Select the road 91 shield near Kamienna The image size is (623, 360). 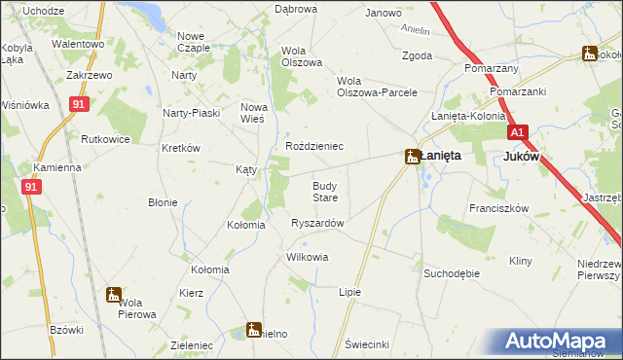pos(31,186)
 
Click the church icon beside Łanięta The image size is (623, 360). pos(413,156)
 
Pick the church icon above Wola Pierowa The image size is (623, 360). pos(113,295)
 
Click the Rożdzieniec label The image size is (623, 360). pos(313,146)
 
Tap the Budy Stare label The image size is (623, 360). pos(324,191)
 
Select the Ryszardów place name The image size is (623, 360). pos(317,223)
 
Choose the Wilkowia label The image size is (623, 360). pos(307,258)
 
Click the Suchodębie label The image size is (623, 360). pos(451,273)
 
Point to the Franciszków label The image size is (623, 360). pos(497,208)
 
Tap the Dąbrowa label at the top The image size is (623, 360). pos(296,9)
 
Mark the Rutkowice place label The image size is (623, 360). pos(106,139)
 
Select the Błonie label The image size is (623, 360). pos(162,202)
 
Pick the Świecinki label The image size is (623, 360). pos(367,344)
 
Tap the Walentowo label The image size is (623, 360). pos(78,44)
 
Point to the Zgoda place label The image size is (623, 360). pos(417,55)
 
